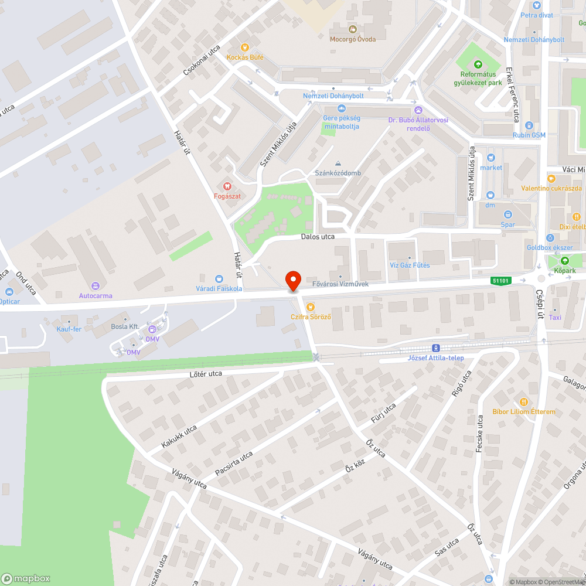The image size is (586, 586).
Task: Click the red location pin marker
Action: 293,280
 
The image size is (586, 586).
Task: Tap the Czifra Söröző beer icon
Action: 311,306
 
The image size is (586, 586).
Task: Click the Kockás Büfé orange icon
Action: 245,47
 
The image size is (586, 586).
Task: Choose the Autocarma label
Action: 96,296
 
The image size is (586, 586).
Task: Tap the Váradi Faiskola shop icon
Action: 219,279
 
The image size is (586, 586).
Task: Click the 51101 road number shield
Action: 502,281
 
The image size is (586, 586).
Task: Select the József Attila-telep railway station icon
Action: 436,347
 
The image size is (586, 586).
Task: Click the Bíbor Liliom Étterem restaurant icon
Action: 523,402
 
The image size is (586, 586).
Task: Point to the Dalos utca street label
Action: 318,237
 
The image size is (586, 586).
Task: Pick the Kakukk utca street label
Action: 179,437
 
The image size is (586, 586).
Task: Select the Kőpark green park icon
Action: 565,261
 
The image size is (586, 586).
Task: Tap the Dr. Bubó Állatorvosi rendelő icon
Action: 418,110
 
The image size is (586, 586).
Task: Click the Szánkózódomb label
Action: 338,173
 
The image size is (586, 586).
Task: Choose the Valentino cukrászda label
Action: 551,188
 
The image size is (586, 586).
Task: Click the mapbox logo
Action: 26,578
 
